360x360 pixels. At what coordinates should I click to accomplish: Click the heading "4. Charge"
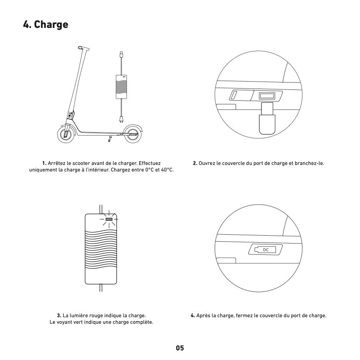pyautogui.click(x=45, y=24)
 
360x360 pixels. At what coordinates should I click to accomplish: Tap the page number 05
pyautogui.click(x=180, y=348)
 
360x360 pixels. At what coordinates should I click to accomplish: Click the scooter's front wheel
pyautogui.click(x=66, y=134)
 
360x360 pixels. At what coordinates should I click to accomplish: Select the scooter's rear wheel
pyautogui.click(x=133, y=134)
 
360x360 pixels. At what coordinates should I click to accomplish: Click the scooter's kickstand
pyautogui.click(x=110, y=139)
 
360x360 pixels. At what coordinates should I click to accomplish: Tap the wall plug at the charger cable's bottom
pyautogui.click(x=121, y=119)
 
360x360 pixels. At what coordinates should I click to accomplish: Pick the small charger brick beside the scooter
pyautogui.click(x=121, y=87)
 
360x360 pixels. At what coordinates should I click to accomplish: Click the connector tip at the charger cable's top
pyautogui.click(x=121, y=54)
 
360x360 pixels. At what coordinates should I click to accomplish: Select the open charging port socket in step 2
pyautogui.click(x=267, y=96)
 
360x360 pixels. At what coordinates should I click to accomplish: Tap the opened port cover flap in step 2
pyautogui.click(x=241, y=96)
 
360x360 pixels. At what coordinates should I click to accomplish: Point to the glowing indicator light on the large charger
pyautogui.click(x=109, y=219)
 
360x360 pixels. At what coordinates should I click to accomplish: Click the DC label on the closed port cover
pyautogui.click(x=266, y=250)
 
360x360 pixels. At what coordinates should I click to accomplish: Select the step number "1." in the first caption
pyautogui.click(x=45, y=163)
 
